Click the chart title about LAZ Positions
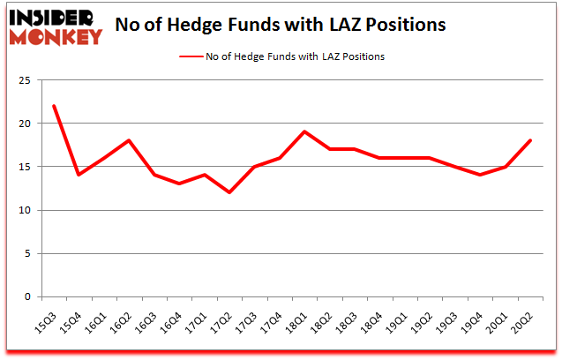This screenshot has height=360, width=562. [x=281, y=25]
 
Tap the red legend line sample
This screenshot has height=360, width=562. [x=193, y=56]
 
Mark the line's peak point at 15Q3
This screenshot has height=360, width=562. [x=54, y=106]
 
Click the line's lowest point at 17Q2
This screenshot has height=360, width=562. [x=230, y=192]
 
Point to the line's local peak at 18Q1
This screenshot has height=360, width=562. [x=305, y=132]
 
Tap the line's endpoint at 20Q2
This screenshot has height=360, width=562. [x=532, y=141]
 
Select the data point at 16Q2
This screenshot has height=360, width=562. [x=130, y=141]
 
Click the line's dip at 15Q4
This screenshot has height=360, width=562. [x=79, y=175]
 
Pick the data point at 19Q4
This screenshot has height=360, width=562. [x=482, y=175]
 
